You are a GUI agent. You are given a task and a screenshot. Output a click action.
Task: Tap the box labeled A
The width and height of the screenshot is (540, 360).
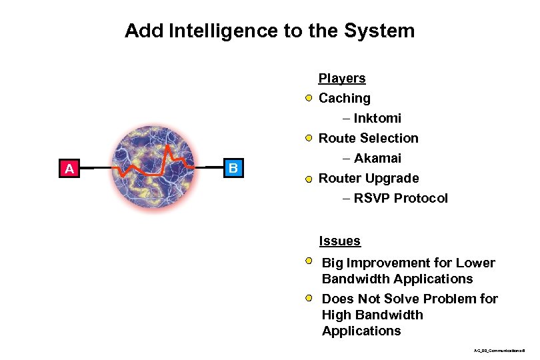[69, 169]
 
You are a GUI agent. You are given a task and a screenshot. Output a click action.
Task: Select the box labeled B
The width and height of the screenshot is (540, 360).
[232, 167]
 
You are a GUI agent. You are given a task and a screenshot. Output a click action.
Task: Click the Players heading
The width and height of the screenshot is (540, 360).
[342, 79]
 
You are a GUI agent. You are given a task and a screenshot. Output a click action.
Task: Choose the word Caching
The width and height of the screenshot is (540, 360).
[345, 99]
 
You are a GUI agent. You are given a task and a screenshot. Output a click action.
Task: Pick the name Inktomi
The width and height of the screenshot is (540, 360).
[377, 119]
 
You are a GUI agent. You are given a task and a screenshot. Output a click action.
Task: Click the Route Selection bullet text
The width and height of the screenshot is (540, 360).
[369, 139]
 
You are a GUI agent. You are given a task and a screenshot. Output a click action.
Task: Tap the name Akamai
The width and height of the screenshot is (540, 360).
[377, 159]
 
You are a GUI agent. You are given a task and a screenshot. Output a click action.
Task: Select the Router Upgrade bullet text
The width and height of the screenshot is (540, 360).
[369, 179]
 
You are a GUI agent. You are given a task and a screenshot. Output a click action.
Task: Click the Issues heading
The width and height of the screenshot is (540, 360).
[340, 241]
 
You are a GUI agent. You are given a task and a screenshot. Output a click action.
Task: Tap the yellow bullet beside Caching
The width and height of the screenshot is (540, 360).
[309, 99]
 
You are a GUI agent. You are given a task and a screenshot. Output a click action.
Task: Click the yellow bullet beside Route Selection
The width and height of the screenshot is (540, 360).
[309, 139]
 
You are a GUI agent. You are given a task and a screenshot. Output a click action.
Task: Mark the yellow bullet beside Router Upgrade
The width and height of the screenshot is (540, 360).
[309, 179]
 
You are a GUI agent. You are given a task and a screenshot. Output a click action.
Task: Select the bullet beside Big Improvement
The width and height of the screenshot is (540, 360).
[311, 263]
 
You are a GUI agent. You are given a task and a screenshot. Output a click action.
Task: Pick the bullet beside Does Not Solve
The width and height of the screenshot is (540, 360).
[311, 298]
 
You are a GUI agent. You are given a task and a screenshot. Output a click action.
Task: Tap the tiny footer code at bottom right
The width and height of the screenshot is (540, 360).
[499, 349]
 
